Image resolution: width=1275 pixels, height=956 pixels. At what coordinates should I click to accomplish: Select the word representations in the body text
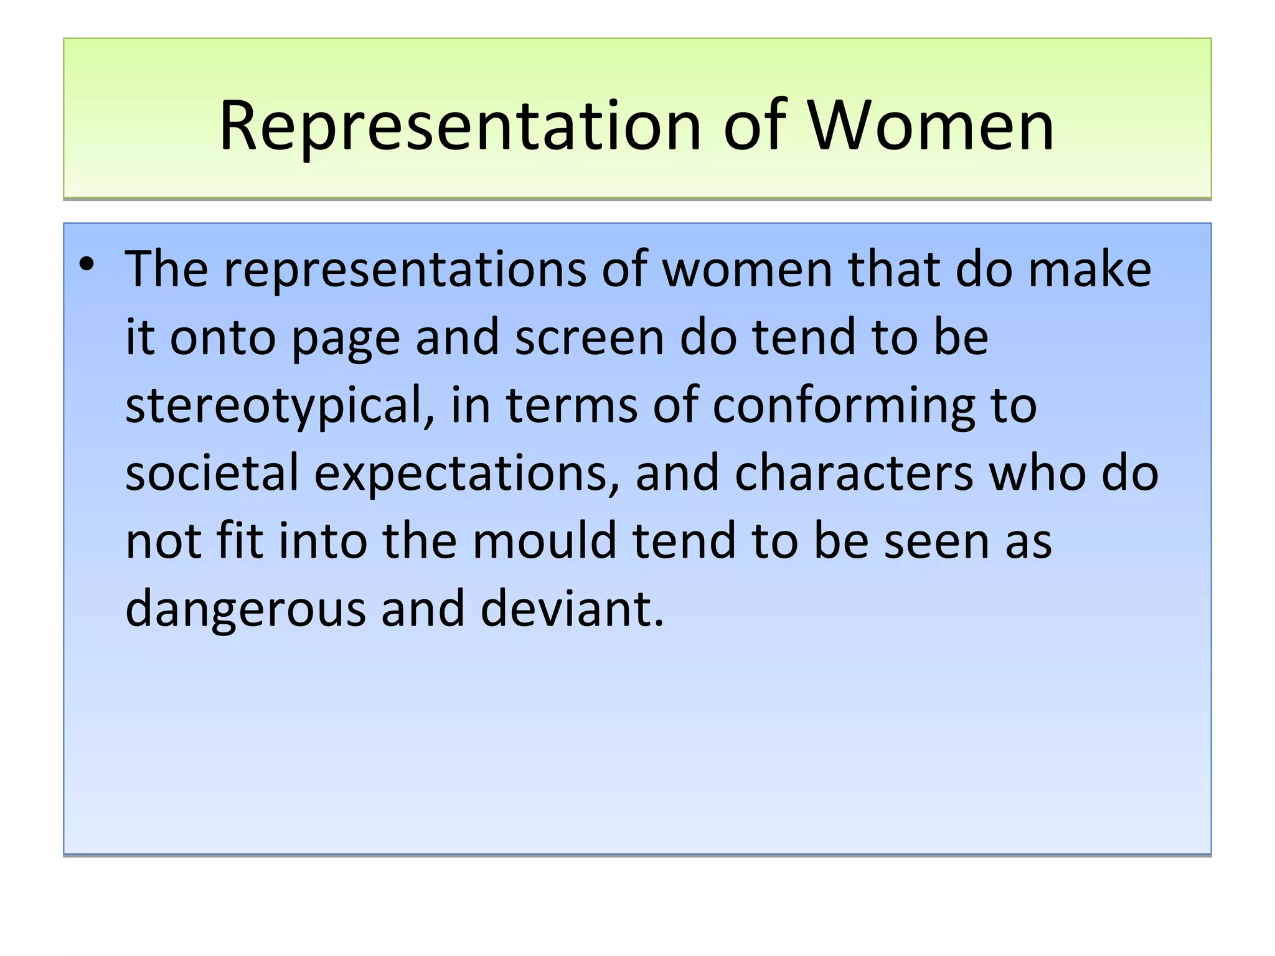coord(405,269)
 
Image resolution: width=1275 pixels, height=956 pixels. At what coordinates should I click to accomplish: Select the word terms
coord(572,405)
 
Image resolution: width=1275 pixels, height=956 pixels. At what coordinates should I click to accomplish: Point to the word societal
coord(212,473)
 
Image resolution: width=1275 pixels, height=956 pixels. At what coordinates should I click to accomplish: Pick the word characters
coord(854,473)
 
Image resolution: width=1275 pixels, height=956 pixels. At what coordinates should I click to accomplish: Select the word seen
coord(938,541)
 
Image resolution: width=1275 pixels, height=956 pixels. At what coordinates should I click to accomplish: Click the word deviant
coord(572,609)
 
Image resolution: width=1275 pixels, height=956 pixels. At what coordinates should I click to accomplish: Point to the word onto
coord(223,338)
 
